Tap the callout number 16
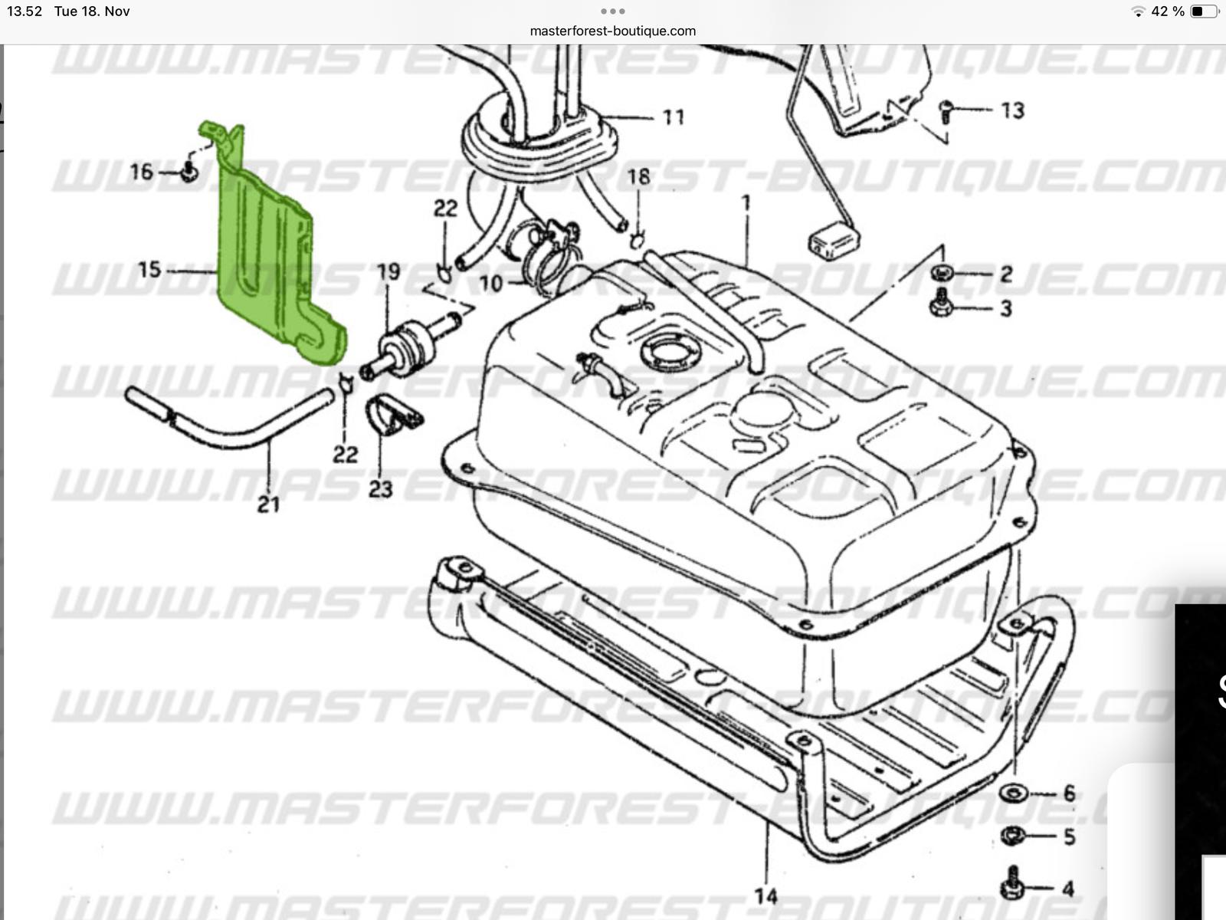pos(142,172)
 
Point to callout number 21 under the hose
pos(267,504)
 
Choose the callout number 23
pos(381,488)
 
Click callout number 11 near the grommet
pos(673,117)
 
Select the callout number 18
pos(638,177)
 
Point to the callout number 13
pos(1012,110)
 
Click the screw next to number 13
pos(946,112)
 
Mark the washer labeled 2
pos(941,272)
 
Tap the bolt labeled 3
pos(941,305)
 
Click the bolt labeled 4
pos(1012,885)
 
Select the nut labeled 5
pos(1012,836)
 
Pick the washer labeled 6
pos(1013,793)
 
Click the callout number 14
pos(765,895)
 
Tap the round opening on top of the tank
pos(671,353)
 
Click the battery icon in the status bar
pos(1203,11)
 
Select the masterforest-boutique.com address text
pos(613,31)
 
